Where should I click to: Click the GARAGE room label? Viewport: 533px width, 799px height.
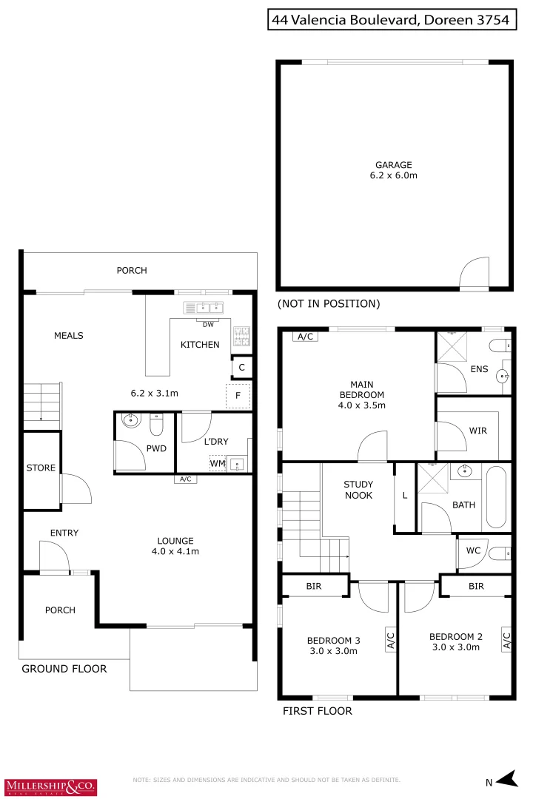pos(393,165)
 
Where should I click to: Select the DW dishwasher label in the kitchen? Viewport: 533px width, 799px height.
pos(208,324)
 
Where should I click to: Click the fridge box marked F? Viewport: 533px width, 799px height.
pos(238,396)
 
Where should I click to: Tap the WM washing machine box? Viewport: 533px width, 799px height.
pos(217,464)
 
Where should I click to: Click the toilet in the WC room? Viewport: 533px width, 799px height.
pos(500,552)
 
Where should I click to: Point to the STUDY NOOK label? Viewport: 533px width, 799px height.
pos(358,490)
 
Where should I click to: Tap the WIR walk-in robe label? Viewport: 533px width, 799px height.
pos(477,431)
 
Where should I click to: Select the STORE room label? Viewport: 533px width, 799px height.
pos(41,468)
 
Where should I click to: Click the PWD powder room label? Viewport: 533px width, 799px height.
pos(156,448)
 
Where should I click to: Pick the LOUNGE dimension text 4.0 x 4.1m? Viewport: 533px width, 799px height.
pos(175,551)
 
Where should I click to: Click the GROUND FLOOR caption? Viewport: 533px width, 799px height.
pos(64,669)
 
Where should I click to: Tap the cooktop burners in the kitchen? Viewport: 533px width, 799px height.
pos(242,337)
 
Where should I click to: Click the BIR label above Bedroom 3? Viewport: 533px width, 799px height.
pos(313,586)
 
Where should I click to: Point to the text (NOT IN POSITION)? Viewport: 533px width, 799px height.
pos(329,303)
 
